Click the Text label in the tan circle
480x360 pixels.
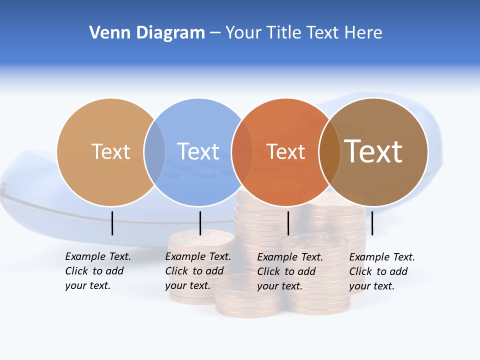(110, 151)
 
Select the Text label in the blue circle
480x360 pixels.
(198, 151)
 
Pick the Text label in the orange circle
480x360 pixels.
(285, 151)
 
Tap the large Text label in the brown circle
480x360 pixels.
(373, 151)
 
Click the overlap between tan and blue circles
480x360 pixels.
(154, 151)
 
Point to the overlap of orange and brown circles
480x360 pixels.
(329, 151)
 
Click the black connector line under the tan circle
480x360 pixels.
(112, 223)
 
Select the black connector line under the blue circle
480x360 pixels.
(200, 223)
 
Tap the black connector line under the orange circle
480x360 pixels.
(288, 223)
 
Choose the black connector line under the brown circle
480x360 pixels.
(372, 223)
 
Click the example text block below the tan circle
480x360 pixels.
(97, 271)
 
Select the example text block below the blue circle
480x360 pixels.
(197, 271)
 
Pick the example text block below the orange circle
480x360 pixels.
(289, 271)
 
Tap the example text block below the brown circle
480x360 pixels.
(381, 271)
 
